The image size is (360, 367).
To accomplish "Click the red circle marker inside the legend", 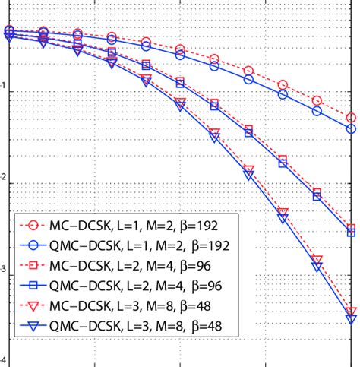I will (x=31, y=226).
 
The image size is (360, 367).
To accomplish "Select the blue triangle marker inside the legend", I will (x=31, y=328).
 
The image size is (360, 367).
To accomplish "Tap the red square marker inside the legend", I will (x=31, y=267).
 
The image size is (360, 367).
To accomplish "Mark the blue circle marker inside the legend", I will (x=31, y=246).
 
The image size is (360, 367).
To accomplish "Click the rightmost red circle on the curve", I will (x=351, y=117).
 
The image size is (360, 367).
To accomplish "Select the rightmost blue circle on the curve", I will (x=351, y=129).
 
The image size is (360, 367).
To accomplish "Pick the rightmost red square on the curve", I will (x=351, y=228).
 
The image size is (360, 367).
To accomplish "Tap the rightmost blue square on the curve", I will (x=351, y=233).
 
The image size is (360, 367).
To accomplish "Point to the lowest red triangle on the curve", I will (x=351, y=312).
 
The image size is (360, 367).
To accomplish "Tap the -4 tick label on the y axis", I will (x=4, y=362).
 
